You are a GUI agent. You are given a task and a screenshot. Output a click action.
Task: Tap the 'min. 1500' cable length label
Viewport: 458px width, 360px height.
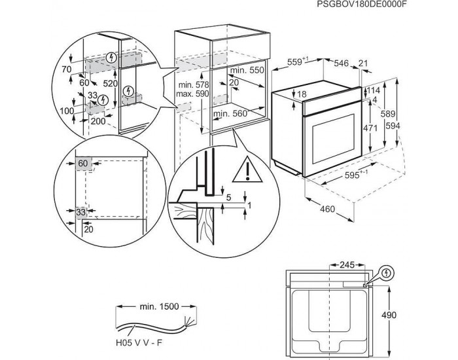pos(158,306)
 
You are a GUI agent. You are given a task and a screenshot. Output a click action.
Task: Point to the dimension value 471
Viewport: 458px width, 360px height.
pos(370,128)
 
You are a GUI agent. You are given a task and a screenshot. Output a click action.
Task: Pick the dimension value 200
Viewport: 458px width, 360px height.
pos(99,121)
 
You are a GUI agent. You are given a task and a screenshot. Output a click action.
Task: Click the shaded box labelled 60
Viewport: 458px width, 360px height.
pos(82,162)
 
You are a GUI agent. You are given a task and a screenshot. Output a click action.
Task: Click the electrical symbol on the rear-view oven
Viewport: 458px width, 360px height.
pos(386,272)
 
